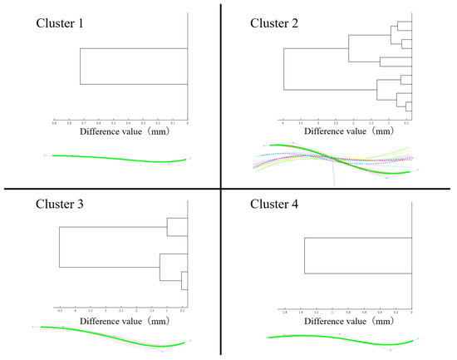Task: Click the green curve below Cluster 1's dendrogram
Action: [116, 157]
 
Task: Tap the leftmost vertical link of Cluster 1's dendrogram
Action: [80, 67]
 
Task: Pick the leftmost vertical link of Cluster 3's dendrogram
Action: [60, 247]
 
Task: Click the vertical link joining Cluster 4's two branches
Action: [304, 256]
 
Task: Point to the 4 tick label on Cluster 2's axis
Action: [284, 122]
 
